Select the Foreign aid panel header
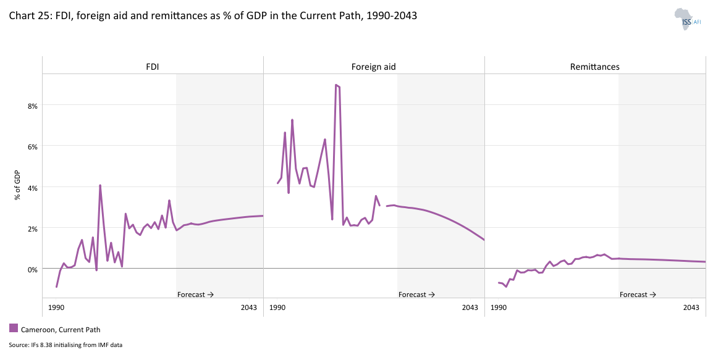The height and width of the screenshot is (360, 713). [x=373, y=67]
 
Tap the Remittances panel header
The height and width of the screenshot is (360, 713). [x=594, y=67]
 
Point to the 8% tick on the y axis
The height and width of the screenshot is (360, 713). [x=32, y=106]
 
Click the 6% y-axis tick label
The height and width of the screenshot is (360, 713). [x=32, y=146]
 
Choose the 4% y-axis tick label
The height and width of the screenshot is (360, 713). [x=32, y=187]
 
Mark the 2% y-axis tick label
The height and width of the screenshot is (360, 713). [x=32, y=228]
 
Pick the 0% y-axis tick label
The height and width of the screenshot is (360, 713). [x=32, y=269]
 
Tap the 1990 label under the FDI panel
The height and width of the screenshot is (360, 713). [x=56, y=308]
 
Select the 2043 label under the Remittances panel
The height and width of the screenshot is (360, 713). [x=691, y=308]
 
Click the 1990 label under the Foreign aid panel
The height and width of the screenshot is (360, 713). [x=277, y=308]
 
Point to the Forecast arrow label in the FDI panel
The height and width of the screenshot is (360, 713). [x=195, y=295]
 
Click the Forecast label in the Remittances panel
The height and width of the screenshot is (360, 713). [x=638, y=295]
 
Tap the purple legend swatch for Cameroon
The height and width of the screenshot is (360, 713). [x=14, y=329]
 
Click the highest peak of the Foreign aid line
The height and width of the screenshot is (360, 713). [x=335, y=85]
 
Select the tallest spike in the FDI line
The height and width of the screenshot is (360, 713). [x=100, y=185]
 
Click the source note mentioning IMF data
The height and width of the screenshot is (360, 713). [x=65, y=345]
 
